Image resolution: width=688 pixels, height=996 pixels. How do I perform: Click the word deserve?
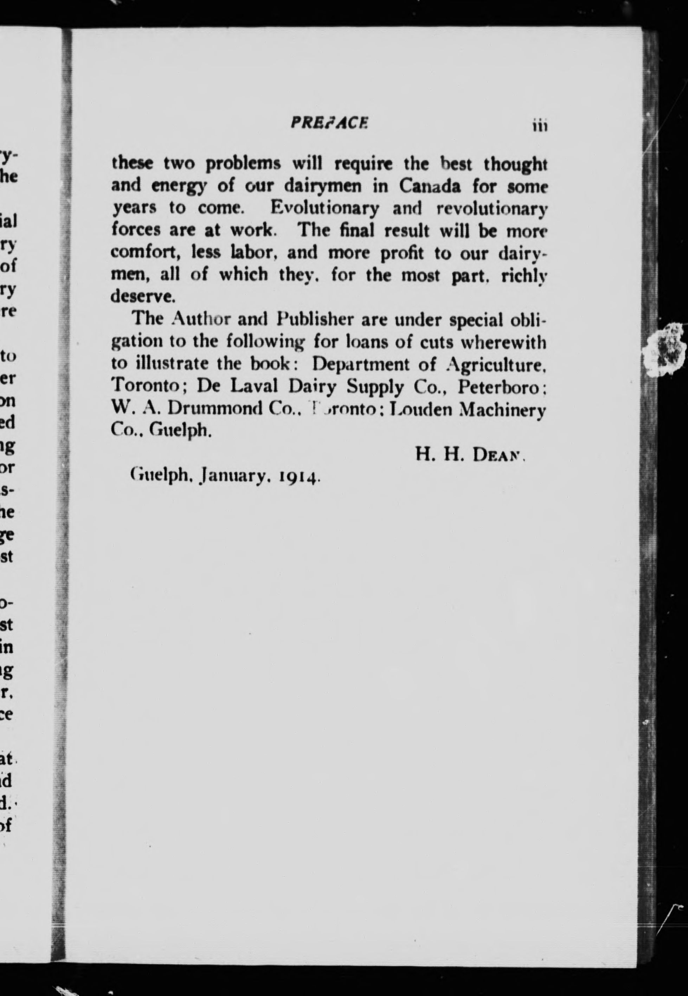point(143,296)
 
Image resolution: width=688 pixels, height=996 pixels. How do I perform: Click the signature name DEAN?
point(497,455)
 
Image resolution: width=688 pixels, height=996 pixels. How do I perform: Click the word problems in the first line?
point(243,164)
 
